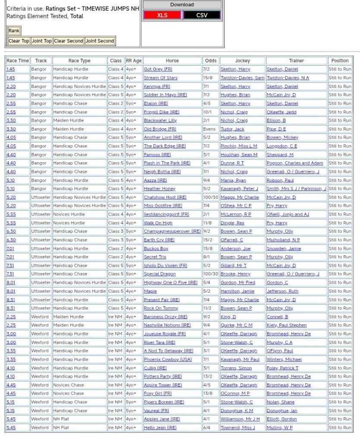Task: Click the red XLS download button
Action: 162,15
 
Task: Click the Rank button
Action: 14,31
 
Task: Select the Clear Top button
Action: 19,41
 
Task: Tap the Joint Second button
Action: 100,41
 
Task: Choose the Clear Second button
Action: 69,41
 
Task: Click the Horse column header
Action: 172,61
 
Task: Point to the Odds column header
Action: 211,61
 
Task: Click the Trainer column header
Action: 296,61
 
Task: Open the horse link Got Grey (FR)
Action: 158,69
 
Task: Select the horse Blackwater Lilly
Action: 160,121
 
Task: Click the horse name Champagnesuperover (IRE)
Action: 172,231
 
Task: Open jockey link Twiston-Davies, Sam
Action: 242,78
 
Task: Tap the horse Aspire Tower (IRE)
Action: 163,385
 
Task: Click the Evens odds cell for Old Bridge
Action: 209,129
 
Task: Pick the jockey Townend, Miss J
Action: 238,428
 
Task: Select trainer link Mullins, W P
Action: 279,428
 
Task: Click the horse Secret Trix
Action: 155,257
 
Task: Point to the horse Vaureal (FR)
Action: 156,411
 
